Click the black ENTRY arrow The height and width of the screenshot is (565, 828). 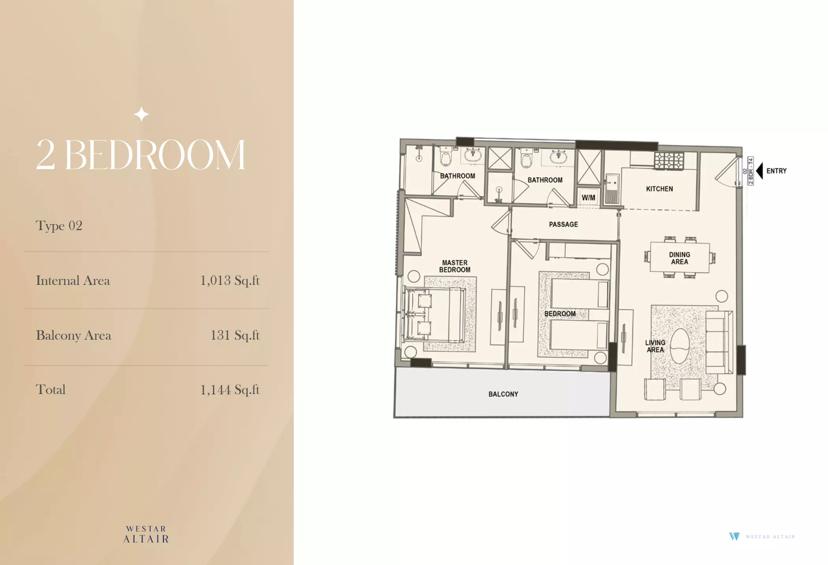coord(760,171)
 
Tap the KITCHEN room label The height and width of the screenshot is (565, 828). coord(659,189)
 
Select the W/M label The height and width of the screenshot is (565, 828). coord(588,198)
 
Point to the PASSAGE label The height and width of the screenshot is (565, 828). coord(563,224)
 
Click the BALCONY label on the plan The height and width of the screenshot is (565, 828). coord(503,394)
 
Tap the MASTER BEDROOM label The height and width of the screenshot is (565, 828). coord(455,266)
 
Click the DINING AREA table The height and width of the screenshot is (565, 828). coord(679,258)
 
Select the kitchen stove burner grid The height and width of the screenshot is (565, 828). coord(669,161)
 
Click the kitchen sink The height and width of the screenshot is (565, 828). coord(612,189)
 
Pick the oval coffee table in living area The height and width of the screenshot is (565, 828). coord(680,346)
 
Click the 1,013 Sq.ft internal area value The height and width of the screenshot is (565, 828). coord(230,281)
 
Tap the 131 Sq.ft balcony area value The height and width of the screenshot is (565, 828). coord(235,335)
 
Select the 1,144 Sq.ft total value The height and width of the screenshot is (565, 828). coord(230,390)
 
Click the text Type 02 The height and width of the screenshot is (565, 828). coord(59,226)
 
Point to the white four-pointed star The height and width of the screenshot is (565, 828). coord(142,114)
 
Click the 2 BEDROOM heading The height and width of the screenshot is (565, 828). coord(141,155)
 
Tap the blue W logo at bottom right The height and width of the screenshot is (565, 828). coord(734,536)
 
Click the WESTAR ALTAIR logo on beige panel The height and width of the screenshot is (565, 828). coord(146,534)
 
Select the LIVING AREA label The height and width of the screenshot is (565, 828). coord(655,346)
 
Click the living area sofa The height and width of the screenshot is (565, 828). coord(719,342)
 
